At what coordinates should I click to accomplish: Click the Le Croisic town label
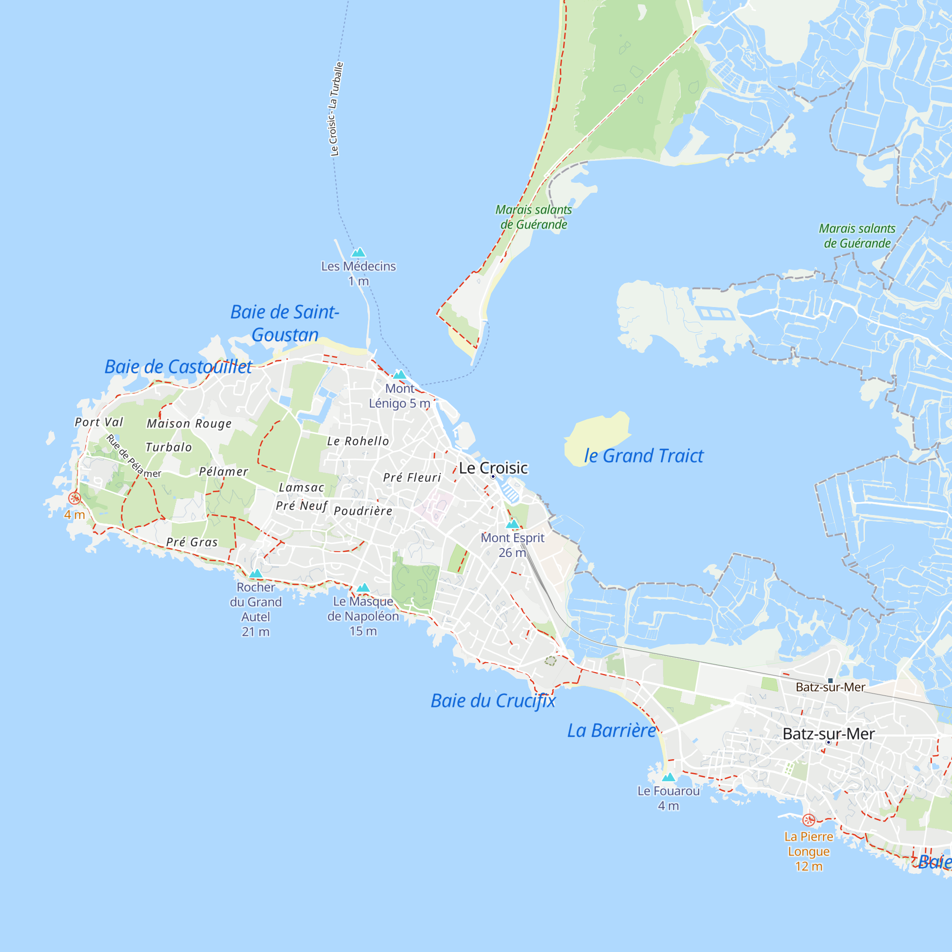493,468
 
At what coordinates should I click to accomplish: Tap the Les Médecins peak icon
358,253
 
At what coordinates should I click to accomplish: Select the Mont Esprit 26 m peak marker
513,524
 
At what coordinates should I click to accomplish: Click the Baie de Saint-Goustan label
285,323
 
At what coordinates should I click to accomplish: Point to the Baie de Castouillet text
178,367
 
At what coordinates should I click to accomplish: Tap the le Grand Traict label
644,456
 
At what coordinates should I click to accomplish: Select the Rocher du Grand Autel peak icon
256,573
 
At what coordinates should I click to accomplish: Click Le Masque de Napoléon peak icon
363,587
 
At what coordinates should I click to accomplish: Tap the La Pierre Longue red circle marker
809,820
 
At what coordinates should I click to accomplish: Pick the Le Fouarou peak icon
668,777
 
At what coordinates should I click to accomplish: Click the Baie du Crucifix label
493,701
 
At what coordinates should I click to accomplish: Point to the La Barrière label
612,730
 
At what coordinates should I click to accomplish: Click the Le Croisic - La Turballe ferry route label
336,109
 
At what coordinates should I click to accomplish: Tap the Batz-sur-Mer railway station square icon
830,681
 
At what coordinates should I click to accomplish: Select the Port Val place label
99,422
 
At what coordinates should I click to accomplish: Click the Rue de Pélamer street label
133,456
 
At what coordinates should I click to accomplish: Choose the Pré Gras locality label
192,542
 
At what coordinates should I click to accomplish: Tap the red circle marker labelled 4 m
74,498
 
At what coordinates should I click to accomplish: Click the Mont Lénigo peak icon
400,375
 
